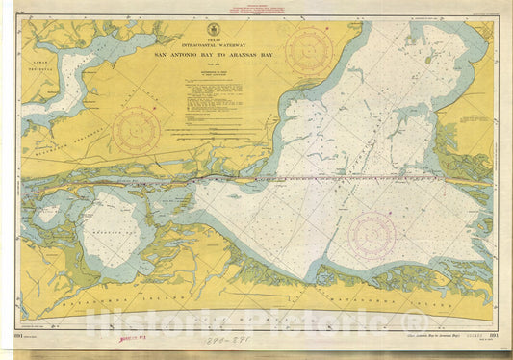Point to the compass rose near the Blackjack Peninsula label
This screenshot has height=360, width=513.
point(137,129)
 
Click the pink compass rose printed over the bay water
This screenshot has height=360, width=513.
point(372,234)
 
